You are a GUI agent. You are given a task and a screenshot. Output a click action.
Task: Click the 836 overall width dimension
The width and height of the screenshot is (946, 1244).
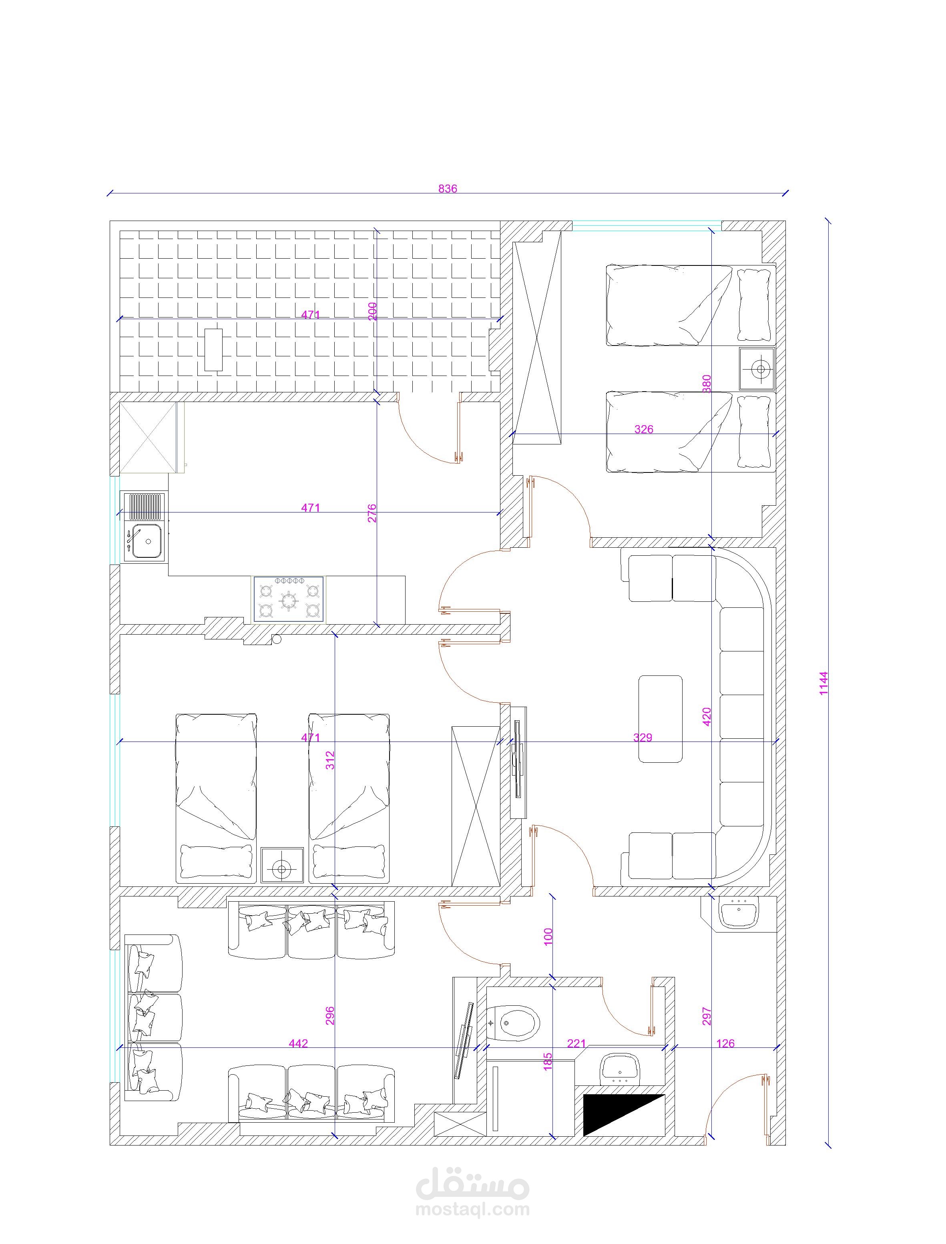click(x=448, y=189)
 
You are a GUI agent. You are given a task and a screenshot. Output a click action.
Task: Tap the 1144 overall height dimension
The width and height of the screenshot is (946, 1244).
click(x=824, y=683)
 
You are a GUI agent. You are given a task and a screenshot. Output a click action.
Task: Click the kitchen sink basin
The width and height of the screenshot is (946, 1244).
click(x=148, y=541)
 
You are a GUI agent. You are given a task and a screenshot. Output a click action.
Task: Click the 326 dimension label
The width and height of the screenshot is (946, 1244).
click(x=644, y=429)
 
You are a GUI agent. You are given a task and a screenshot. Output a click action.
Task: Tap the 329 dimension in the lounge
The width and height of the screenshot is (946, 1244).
click(x=643, y=737)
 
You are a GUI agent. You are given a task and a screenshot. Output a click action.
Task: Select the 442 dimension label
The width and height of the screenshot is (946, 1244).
click(x=298, y=1043)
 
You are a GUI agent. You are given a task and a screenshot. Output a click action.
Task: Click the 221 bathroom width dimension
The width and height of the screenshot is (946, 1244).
click(x=576, y=1043)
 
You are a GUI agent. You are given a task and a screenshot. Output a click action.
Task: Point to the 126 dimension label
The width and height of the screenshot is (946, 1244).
click(x=725, y=1043)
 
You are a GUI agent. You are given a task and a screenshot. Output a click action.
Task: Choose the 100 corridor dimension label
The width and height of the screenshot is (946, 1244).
click(x=548, y=936)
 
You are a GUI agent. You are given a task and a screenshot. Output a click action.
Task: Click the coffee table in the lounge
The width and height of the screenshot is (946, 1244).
click(x=661, y=719)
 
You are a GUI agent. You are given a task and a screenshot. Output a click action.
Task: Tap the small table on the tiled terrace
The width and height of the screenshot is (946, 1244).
click(x=213, y=349)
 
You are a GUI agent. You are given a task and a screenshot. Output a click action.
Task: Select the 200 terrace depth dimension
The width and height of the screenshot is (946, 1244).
click(x=372, y=312)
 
